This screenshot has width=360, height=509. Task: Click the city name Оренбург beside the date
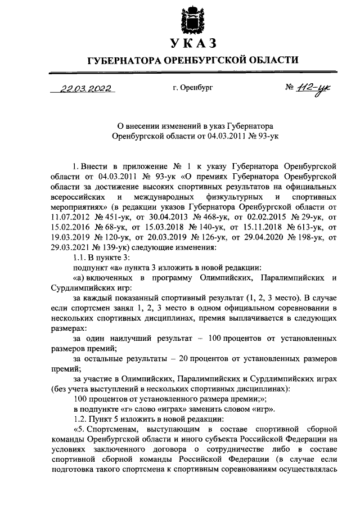click(x=193, y=88)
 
